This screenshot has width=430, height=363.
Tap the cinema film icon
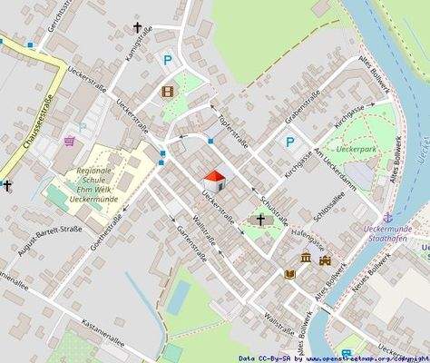[x=167, y=91]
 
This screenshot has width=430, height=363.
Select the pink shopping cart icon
[x=70, y=142]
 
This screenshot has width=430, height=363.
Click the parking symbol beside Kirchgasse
[x=289, y=142]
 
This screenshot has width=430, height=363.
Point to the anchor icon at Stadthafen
[x=388, y=218]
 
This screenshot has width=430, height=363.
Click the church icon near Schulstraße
[x=262, y=220]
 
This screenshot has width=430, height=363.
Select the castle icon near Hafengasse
[x=325, y=260]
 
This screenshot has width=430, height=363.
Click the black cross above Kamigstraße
[x=138, y=28]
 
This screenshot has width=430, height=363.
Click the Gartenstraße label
[x=193, y=242]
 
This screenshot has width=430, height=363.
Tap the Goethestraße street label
[x=106, y=214]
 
